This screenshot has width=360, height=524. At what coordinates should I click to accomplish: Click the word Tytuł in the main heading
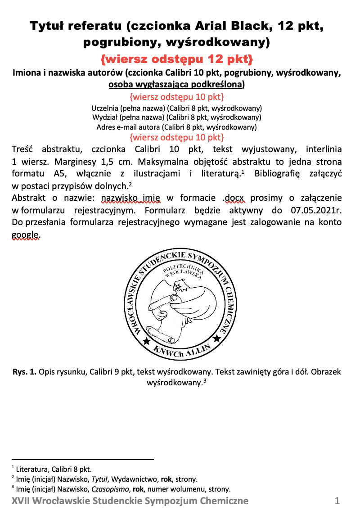point(48,26)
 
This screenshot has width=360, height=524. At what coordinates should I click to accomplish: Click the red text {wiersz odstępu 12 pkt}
point(177,59)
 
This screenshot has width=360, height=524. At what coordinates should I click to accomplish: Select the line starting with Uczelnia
point(176,108)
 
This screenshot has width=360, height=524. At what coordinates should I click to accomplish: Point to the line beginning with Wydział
point(176,117)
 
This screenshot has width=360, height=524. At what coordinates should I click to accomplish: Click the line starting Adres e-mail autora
point(176,127)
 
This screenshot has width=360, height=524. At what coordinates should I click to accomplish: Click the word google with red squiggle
point(25,234)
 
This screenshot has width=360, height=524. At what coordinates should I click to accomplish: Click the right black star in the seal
point(216,338)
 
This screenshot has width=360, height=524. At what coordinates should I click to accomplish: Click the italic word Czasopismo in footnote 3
point(109,489)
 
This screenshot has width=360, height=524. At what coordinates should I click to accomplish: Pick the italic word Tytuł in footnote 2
point(101,479)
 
